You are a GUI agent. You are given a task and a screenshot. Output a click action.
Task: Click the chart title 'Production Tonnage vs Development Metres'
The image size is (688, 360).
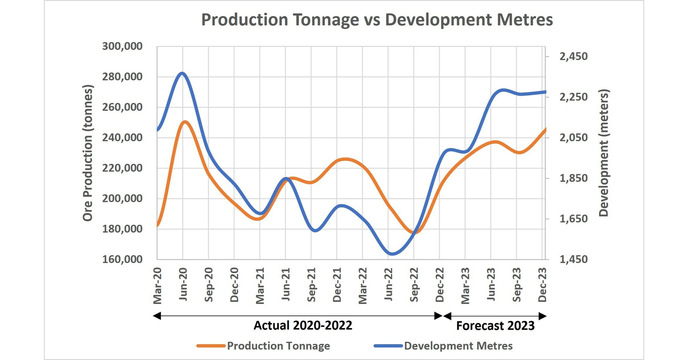(x=377, y=19)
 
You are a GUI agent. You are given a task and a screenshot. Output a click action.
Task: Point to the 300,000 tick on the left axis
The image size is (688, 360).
(x=122, y=46)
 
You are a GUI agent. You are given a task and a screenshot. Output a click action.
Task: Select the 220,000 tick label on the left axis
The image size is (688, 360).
(x=122, y=168)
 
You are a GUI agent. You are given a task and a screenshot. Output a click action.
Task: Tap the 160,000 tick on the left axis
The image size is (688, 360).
(x=122, y=259)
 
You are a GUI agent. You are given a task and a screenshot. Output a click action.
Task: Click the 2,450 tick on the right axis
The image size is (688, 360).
(x=573, y=56)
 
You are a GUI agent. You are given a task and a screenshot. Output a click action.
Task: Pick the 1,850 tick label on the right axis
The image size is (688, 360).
(x=573, y=178)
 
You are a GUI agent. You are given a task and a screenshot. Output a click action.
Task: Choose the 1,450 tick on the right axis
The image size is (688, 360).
(x=573, y=259)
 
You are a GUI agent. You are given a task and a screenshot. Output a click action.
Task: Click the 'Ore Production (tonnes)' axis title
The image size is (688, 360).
(x=88, y=153)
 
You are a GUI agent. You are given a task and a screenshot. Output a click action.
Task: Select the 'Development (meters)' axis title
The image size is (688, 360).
(x=604, y=153)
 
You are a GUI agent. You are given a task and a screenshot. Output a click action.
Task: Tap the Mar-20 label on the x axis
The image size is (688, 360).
(x=157, y=286)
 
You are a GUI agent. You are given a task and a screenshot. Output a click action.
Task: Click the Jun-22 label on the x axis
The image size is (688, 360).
(x=388, y=284)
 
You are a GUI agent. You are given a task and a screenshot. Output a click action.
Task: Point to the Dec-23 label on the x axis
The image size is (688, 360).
(x=542, y=284)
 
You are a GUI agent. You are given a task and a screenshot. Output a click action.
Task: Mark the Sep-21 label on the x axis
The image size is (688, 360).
(x=311, y=285)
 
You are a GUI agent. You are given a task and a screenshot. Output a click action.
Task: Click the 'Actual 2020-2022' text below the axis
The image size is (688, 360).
(x=303, y=325)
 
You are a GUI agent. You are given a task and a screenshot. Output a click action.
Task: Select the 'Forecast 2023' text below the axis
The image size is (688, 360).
(x=495, y=325)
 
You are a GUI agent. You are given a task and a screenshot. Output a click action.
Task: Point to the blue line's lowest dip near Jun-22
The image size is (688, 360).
(x=392, y=254)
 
